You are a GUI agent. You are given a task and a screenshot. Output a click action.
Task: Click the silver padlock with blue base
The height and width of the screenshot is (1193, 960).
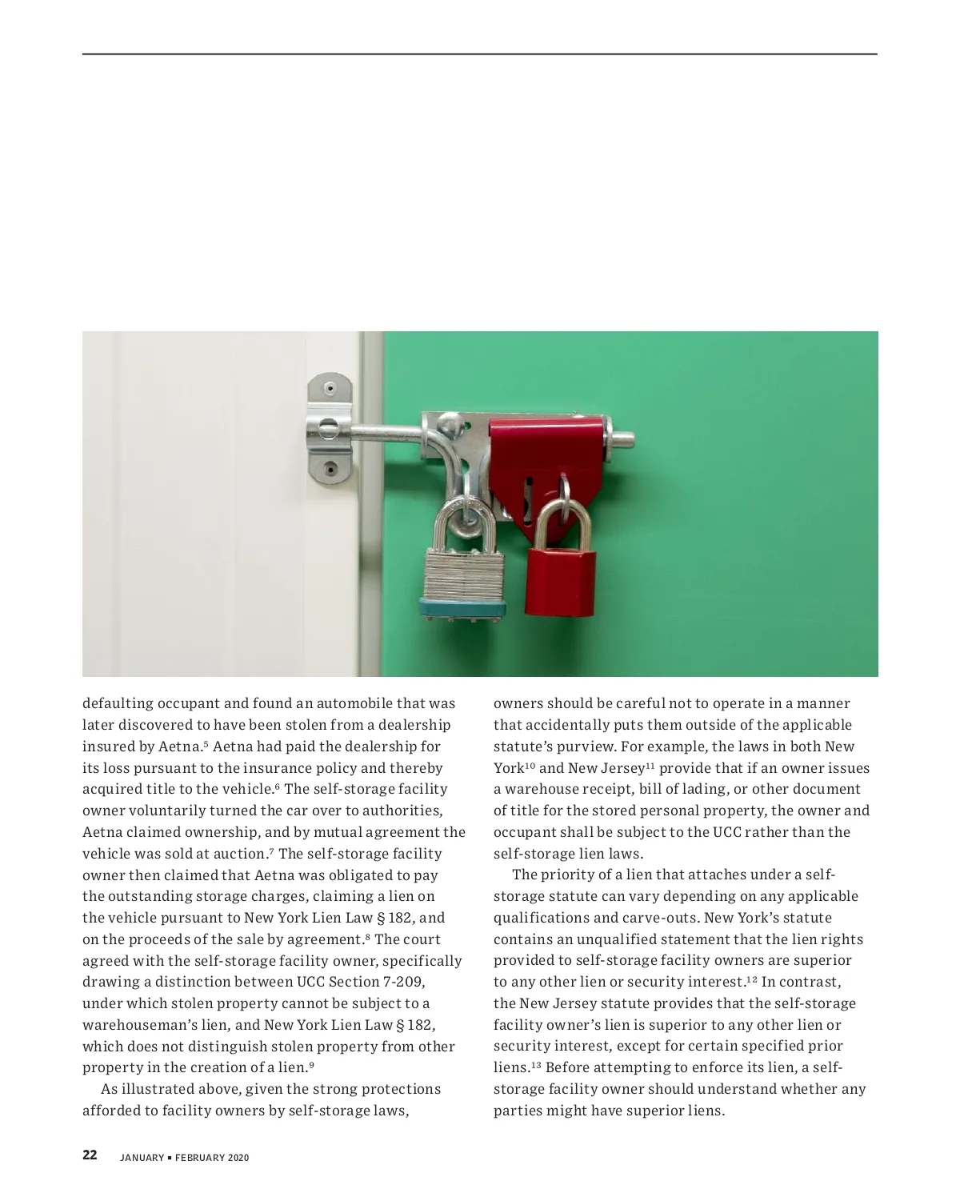[462, 580]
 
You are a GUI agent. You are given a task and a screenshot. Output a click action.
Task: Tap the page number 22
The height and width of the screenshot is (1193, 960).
[90, 1155]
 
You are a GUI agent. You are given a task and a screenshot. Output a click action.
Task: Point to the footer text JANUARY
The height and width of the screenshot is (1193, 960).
[142, 1157]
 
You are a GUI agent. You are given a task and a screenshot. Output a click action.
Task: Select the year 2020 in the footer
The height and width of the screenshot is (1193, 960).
[238, 1157]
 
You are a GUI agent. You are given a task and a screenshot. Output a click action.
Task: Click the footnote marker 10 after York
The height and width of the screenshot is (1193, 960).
[530, 766]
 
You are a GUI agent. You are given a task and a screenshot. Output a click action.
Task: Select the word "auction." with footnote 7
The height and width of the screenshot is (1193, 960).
[240, 854]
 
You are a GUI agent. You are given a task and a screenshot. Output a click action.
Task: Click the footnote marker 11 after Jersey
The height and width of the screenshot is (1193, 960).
[650, 766]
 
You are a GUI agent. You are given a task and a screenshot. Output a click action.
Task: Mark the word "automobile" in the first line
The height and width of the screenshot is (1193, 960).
[353, 704]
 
